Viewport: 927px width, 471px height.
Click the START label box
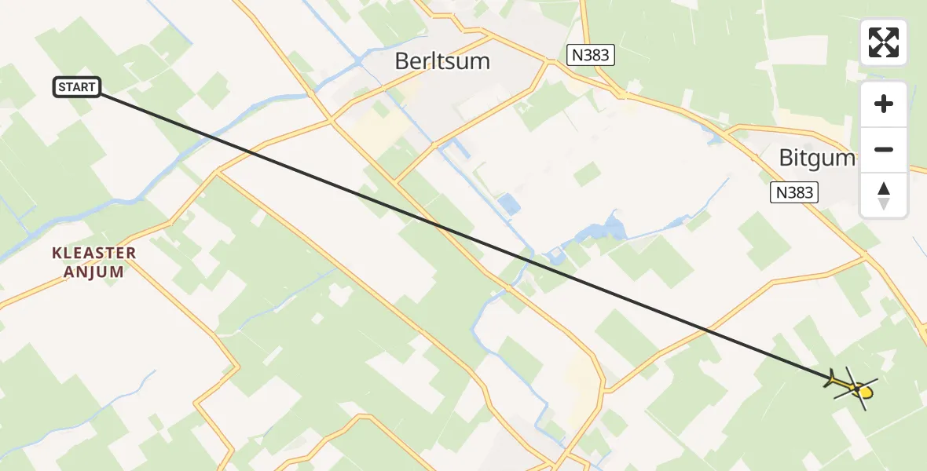click(x=77, y=87)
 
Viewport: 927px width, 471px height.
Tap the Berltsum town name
click(x=443, y=60)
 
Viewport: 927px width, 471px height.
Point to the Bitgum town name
click(x=816, y=159)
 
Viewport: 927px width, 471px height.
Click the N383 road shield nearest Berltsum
click(x=591, y=55)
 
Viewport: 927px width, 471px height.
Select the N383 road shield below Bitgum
click(x=793, y=192)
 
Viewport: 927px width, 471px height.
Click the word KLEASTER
click(x=93, y=254)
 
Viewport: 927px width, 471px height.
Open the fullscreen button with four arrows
click(x=883, y=42)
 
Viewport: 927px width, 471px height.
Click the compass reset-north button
click(x=883, y=195)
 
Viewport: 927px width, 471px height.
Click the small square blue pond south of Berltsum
click(x=509, y=205)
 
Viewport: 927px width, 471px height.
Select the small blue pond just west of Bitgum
click(x=716, y=139)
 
